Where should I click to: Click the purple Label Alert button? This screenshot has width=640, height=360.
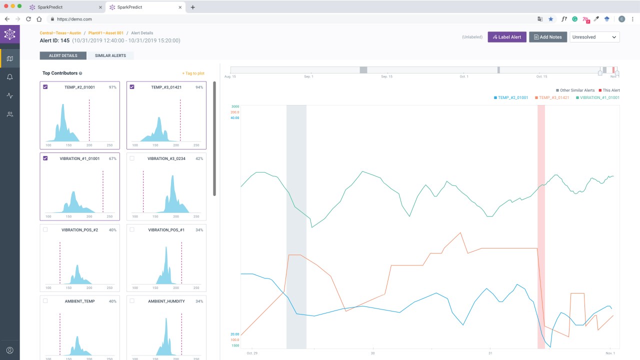pos(507,37)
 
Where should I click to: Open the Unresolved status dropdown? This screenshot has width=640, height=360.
pos(594,37)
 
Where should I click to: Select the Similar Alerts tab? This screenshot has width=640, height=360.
pos(110,55)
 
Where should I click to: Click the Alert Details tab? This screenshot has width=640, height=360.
pos(63,55)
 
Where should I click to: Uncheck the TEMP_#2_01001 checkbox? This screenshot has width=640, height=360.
pos(45,87)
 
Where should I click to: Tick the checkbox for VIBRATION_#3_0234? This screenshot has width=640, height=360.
pos(132,158)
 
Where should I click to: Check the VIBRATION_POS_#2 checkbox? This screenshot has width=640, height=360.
pos(45,229)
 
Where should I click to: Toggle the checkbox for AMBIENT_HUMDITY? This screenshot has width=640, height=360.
pos(132,300)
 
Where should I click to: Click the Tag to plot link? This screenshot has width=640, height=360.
pos(193,73)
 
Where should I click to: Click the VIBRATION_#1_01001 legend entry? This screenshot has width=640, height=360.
pos(597,97)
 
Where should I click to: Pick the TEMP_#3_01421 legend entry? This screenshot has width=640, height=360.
pos(552,97)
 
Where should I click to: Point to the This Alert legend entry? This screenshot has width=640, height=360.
pos(609,90)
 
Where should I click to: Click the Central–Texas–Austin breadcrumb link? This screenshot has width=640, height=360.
pos(60,33)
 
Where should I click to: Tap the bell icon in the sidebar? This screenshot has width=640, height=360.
pos(9,77)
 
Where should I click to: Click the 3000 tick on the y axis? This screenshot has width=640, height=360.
pos(235,106)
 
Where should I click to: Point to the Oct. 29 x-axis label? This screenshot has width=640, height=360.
pos(252,353)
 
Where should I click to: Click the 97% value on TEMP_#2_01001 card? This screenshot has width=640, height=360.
pos(112,87)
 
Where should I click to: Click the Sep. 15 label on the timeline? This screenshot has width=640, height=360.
pos(386,76)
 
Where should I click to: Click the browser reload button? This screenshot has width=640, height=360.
pos(28,19)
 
